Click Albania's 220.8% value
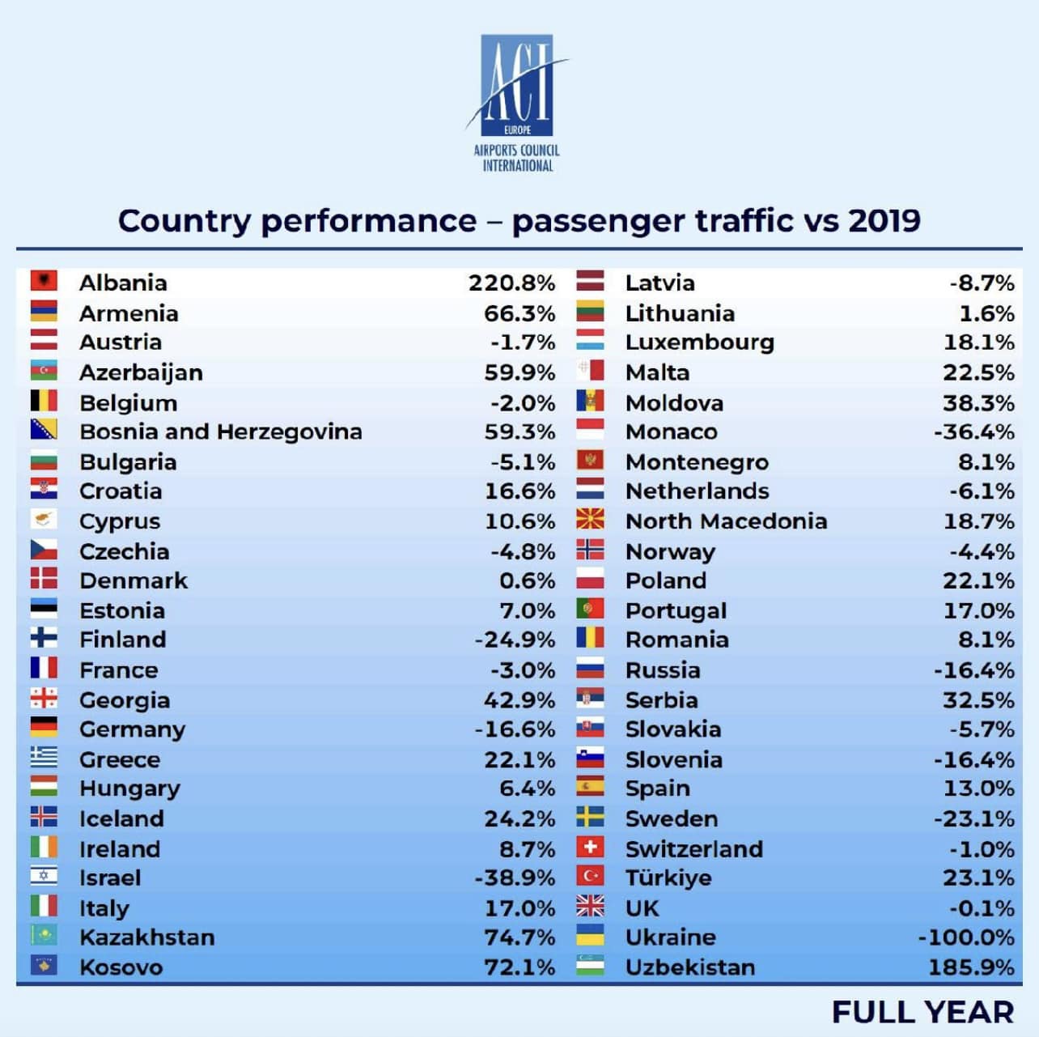[x=511, y=283]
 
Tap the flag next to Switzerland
[x=590, y=848]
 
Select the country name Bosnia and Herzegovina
[x=220, y=432]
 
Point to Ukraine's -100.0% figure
[x=965, y=937]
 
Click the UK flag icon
[x=590, y=907]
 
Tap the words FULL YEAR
[x=922, y=1012]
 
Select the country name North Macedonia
[x=726, y=521]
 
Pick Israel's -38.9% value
[x=515, y=878]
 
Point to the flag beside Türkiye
[x=590, y=877]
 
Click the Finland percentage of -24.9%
[x=515, y=640]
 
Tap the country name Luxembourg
[x=699, y=342]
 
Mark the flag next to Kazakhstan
[x=44, y=936]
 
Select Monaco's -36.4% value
[x=973, y=432]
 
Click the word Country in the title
[x=184, y=221]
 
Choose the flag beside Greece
[x=44, y=758]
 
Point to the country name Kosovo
[x=121, y=967]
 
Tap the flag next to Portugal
[x=590, y=609]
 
